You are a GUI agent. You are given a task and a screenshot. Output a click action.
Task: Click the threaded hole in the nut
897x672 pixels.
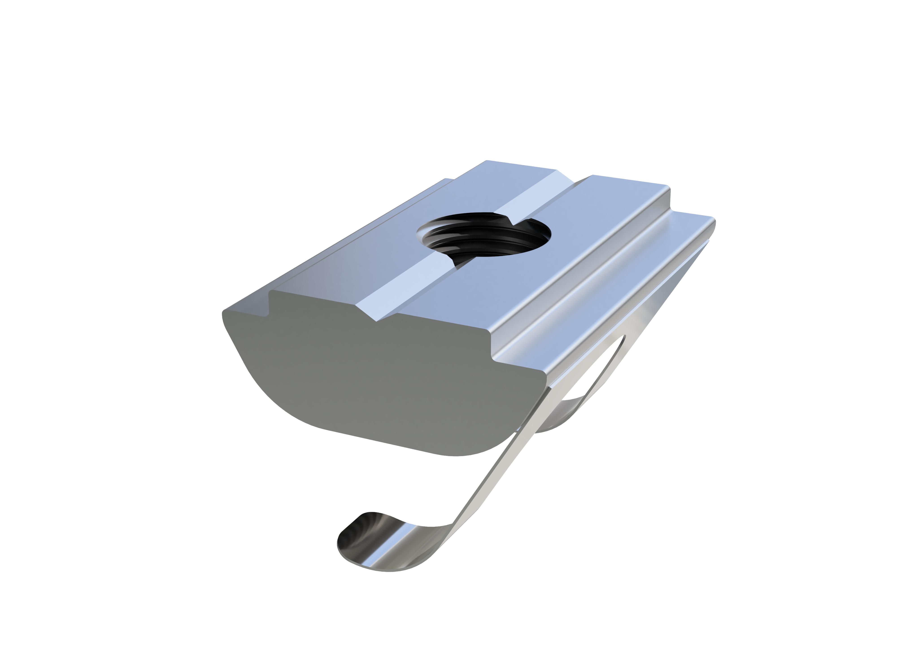[x=485, y=239]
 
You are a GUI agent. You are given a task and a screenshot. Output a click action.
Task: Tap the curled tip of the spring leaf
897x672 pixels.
[x=361, y=543]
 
